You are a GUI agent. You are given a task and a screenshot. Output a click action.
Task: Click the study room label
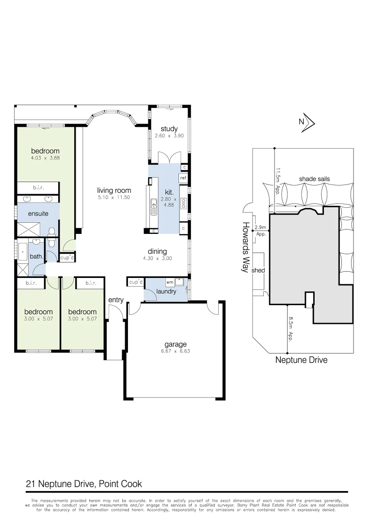point(169,129)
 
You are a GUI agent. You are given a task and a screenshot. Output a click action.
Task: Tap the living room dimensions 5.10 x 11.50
point(114,198)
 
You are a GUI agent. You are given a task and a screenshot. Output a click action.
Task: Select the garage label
point(175,345)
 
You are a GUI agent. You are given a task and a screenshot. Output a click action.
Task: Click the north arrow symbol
point(307,123)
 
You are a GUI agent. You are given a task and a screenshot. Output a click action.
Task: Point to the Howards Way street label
point(246,247)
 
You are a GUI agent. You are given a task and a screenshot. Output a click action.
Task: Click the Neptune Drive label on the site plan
point(301,360)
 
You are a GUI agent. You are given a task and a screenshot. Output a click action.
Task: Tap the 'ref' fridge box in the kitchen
point(183,178)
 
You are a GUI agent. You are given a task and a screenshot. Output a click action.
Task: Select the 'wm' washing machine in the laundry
point(170,281)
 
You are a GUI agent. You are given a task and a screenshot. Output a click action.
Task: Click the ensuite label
point(38,214)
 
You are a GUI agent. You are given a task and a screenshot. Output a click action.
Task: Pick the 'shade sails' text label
point(314,179)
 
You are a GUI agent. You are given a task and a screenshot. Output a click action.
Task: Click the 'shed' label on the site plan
point(258,270)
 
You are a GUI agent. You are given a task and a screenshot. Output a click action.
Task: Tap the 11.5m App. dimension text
point(278,180)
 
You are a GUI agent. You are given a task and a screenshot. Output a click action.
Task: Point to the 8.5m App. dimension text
point(290,329)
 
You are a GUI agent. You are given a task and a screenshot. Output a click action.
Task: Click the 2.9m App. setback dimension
point(261,230)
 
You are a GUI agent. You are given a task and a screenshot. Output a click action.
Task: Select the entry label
point(116,300)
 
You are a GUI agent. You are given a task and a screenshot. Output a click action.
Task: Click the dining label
point(157,251)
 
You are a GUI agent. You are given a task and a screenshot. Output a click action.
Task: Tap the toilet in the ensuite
point(52,233)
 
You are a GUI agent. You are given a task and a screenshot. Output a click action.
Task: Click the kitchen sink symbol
point(154,207)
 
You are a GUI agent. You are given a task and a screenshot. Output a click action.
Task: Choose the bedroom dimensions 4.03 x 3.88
point(45,158)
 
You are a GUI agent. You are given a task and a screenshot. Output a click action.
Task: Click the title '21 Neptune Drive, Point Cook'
point(83,484)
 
